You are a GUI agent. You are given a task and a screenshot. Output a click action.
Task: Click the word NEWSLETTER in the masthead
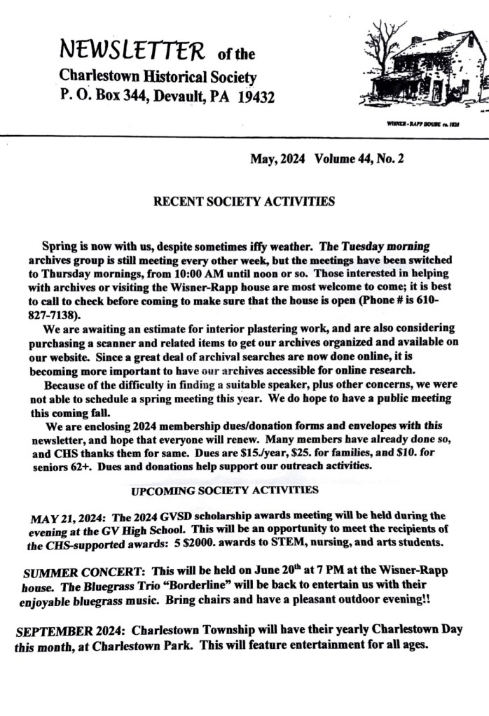[x=133, y=50]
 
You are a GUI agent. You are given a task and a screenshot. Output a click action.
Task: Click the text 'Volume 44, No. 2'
[x=359, y=159]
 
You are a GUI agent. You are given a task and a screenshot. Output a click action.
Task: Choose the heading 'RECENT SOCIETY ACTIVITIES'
[x=244, y=202]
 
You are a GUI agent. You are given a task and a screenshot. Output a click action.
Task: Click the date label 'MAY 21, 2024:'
[x=69, y=519]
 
